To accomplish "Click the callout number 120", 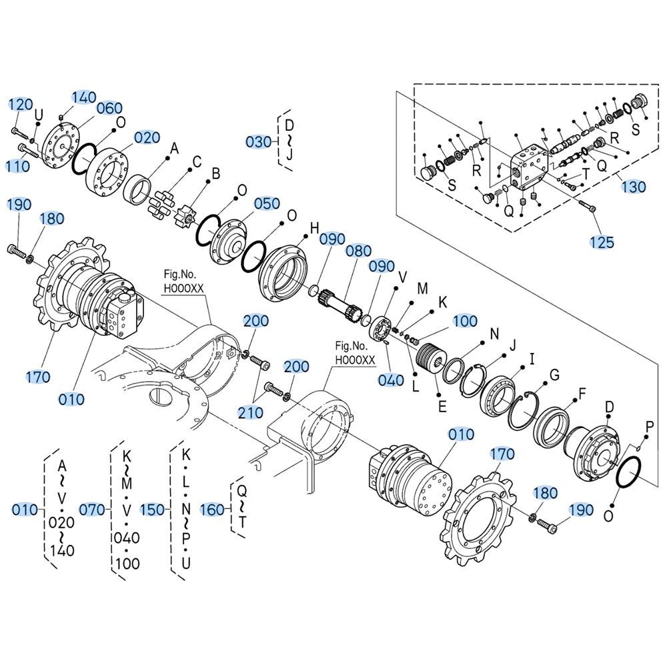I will tap(21, 104).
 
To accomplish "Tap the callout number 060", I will tap(109, 108).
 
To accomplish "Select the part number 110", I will tap(17, 165).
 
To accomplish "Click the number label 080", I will tap(359, 251).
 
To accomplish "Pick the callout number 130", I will tap(633, 187).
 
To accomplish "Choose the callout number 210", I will tap(251, 412).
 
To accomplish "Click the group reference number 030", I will tap(258, 142).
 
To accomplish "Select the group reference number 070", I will tap(93, 510).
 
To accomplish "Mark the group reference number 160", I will tap(212, 510).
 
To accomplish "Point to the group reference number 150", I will tap(153, 510).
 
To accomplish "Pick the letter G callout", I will tap(554, 375).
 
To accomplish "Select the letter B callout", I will tap(215, 174).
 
